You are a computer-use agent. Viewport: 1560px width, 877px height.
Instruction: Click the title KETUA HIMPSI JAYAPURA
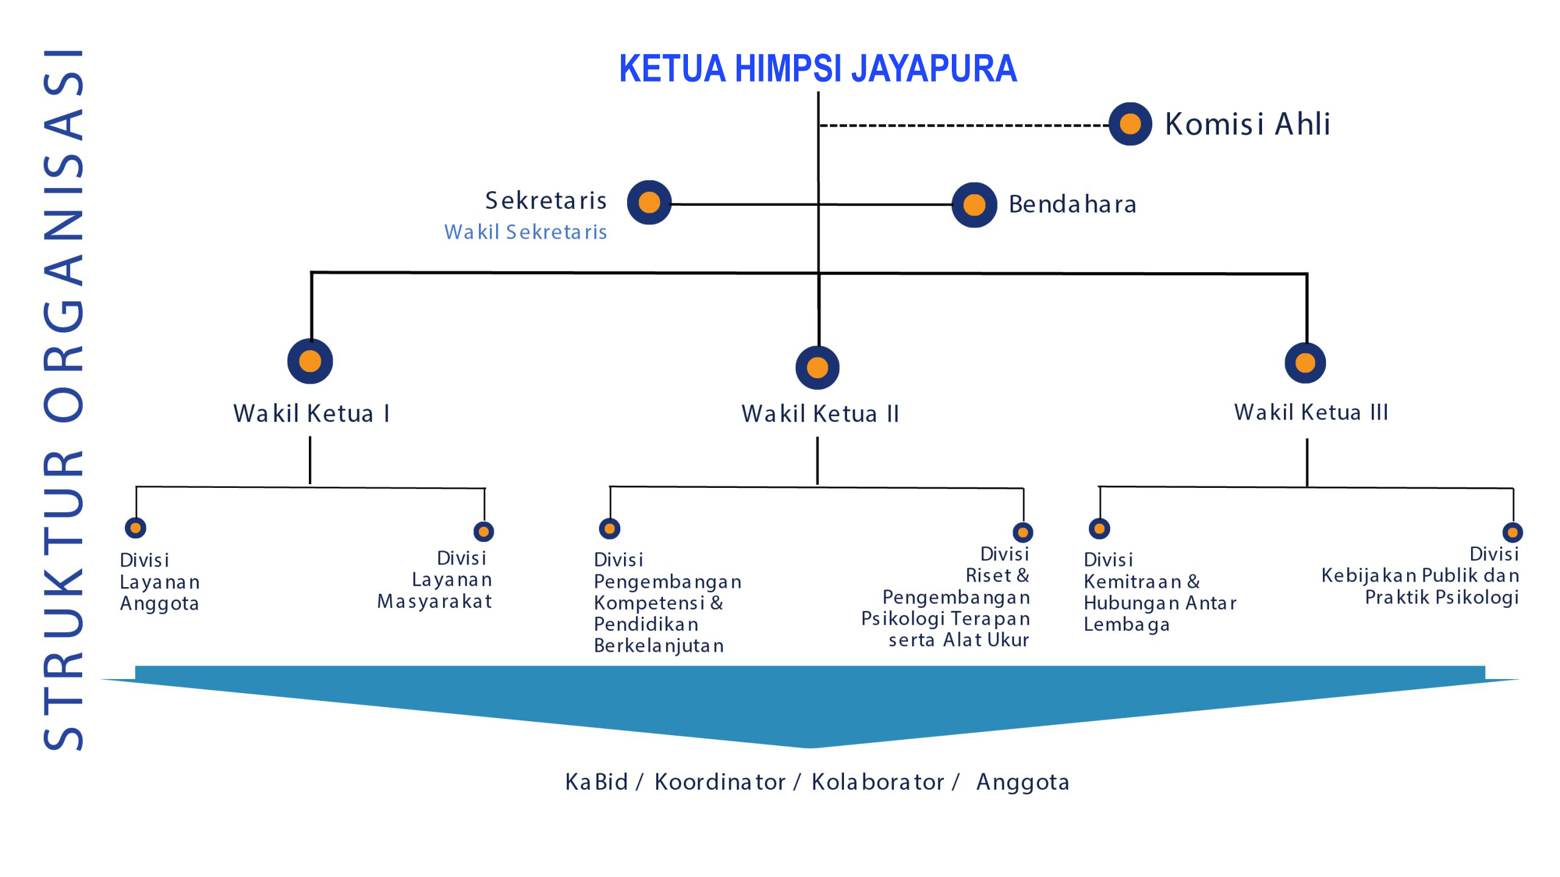(818, 68)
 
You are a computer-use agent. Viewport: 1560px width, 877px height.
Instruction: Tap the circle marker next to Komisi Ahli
(1130, 124)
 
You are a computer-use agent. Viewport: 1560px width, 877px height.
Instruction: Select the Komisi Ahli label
(1247, 124)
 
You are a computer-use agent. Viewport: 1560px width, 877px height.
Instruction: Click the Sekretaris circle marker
(650, 202)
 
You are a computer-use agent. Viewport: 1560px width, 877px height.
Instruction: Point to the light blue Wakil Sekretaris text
(525, 232)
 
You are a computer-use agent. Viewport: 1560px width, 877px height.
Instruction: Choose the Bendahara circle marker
(974, 205)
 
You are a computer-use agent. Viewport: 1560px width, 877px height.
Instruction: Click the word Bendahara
(1072, 205)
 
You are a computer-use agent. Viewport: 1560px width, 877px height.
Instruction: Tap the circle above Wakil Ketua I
(310, 361)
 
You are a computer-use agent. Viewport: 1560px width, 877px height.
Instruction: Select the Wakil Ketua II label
(820, 414)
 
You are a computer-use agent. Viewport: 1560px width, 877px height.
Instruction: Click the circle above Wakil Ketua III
(1305, 363)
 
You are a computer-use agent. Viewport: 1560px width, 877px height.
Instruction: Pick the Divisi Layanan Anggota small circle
(135, 527)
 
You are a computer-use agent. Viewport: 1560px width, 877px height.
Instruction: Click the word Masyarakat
(434, 602)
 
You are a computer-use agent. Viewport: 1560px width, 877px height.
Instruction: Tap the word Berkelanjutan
(659, 646)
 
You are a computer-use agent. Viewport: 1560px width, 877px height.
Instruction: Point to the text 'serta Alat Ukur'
(959, 640)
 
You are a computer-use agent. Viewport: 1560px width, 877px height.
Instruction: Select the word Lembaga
(1126, 625)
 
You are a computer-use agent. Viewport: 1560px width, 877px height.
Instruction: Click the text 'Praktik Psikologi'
(1441, 597)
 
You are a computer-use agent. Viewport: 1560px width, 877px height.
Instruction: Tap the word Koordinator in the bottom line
(720, 782)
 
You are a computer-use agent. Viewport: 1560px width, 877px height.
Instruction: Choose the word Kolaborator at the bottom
(877, 782)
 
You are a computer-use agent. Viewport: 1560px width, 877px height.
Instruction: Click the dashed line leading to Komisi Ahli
(963, 125)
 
